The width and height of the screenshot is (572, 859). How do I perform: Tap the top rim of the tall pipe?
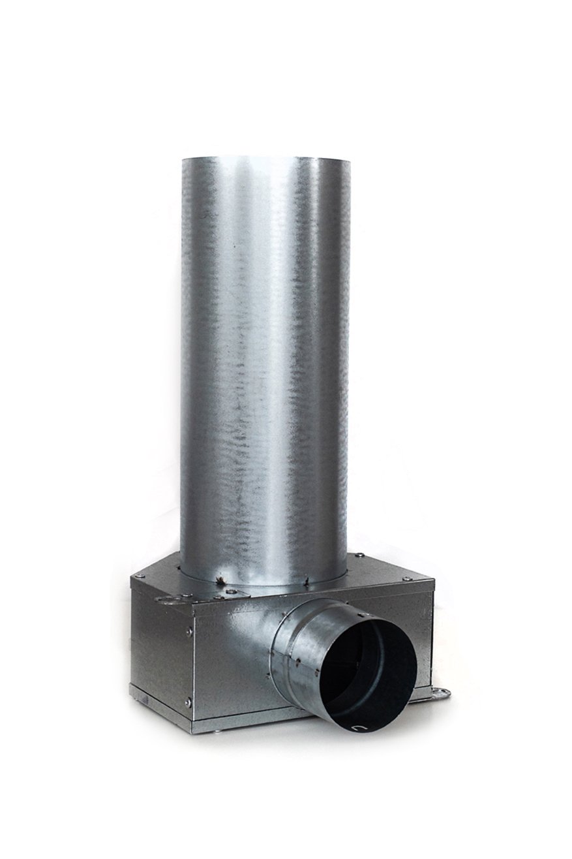(264, 158)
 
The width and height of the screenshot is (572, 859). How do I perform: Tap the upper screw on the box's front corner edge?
(189, 631)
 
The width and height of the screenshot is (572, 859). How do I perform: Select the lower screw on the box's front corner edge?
(188, 702)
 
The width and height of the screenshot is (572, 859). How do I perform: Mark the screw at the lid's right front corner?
(406, 578)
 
